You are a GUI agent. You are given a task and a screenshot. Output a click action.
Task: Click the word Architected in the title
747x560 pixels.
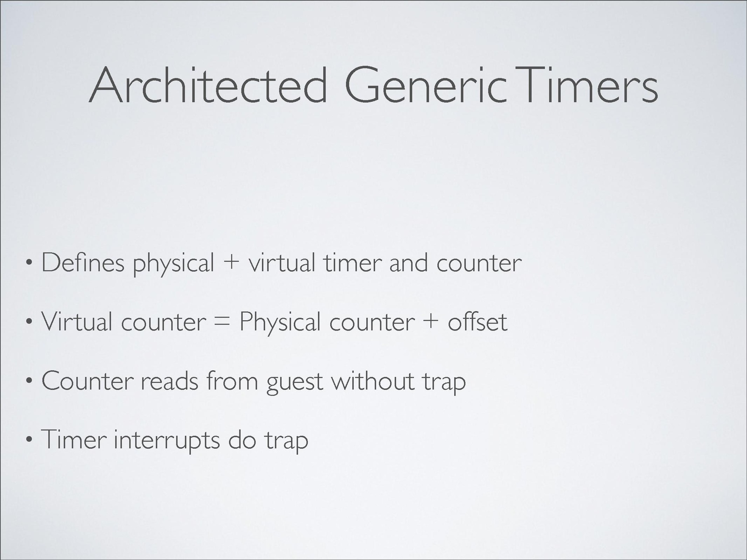(x=208, y=85)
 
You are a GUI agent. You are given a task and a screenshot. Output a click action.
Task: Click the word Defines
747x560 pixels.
(x=83, y=263)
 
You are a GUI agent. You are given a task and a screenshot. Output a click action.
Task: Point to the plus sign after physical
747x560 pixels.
(x=231, y=263)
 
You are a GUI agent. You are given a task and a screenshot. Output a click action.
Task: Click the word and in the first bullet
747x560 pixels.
(x=409, y=263)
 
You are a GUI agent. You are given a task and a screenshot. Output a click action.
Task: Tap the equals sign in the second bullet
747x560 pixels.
(x=222, y=322)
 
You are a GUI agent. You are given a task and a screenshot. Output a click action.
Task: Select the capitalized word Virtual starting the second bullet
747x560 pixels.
(x=77, y=321)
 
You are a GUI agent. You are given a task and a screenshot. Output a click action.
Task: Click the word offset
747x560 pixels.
(x=478, y=321)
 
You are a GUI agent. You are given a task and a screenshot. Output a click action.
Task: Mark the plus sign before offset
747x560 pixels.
(x=431, y=322)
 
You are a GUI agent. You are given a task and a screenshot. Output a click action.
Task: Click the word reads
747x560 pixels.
(x=169, y=381)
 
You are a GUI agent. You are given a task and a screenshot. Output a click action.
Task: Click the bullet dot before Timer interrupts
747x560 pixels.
(x=29, y=440)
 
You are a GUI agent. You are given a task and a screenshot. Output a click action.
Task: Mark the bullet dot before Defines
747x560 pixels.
(x=29, y=263)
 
